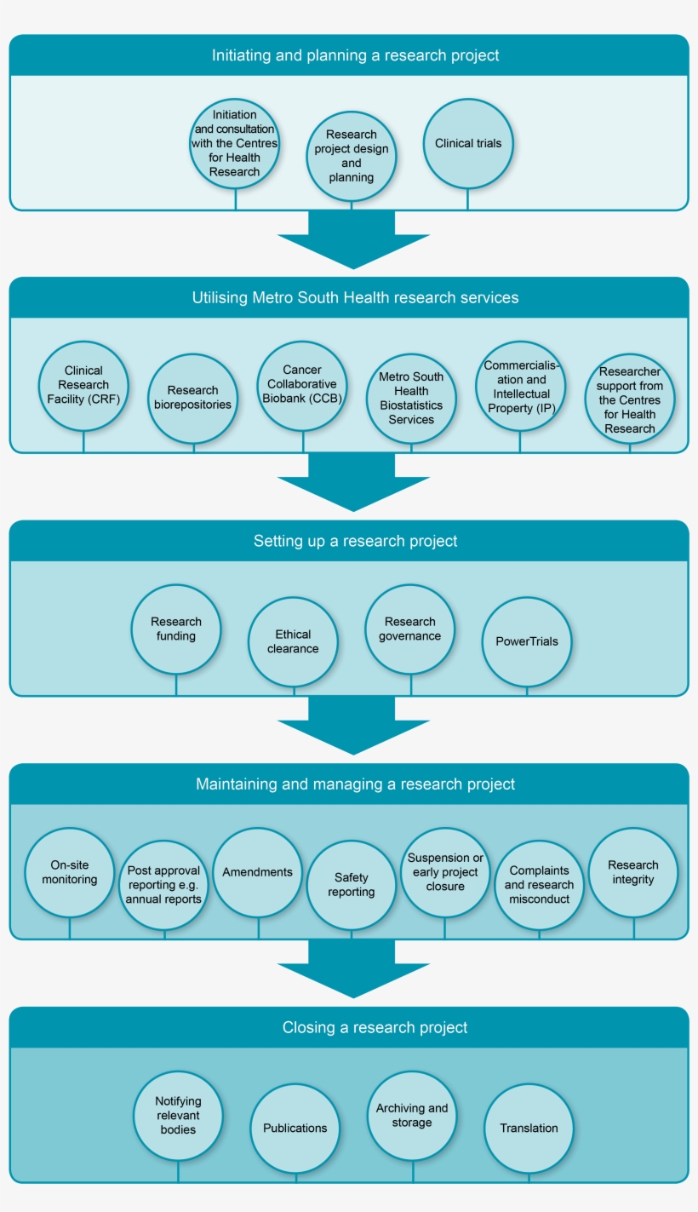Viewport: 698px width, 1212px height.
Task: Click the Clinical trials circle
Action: click(468, 143)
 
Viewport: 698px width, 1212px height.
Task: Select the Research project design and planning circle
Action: click(352, 156)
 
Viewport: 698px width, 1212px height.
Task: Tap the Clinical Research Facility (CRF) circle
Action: click(83, 385)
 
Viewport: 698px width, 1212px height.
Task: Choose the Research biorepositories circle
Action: click(193, 398)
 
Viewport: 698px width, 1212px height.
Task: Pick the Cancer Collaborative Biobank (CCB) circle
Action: click(303, 385)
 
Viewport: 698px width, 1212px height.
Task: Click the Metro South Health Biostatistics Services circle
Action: click(411, 398)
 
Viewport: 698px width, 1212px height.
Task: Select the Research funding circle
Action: click(176, 629)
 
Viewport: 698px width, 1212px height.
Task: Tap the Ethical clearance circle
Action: click(294, 641)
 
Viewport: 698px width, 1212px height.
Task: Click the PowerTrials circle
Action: click(527, 641)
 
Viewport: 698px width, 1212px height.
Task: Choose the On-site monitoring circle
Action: click(70, 872)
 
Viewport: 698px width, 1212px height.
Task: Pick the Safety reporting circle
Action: click(352, 885)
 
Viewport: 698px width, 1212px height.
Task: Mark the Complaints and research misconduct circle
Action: click(539, 885)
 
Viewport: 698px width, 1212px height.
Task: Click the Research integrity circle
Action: click(633, 872)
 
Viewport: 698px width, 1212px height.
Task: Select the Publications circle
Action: click(295, 1128)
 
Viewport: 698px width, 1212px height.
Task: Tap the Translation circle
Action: click(529, 1128)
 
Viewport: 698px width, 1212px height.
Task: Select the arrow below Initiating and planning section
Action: click(352, 242)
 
